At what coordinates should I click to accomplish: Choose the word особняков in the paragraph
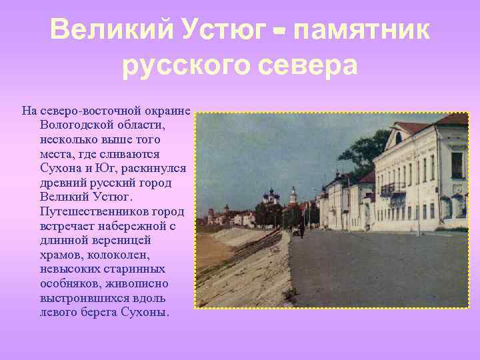click(67, 284)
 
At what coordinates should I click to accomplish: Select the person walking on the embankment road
click(301, 230)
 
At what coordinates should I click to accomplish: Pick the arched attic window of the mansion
click(398, 138)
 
